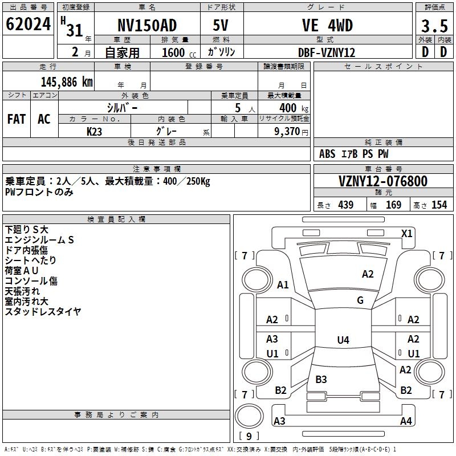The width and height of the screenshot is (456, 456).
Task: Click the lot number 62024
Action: pos(28,24)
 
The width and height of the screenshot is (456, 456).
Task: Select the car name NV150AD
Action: pos(147,25)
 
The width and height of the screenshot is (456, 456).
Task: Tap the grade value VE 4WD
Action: pos(327,25)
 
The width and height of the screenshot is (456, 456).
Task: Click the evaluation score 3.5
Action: pos(434,26)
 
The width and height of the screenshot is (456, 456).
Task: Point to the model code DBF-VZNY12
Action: pos(327,52)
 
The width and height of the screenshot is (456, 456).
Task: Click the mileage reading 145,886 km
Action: pos(67,82)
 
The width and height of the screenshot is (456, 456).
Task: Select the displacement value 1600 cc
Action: pos(179,52)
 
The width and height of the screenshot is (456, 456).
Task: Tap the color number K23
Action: pos(94,132)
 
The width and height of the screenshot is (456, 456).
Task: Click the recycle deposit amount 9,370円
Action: pos(291,132)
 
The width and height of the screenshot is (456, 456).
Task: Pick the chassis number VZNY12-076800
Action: pos(383,181)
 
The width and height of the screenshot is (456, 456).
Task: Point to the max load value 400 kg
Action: pos(294,108)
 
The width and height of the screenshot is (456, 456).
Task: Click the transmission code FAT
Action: pos(17,119)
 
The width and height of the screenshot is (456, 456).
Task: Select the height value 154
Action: pos(439,205)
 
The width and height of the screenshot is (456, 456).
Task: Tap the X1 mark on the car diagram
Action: pos(406,234)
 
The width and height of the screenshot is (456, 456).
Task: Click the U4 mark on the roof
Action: pos(343,340)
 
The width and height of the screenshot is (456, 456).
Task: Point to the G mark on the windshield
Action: pos(360,300)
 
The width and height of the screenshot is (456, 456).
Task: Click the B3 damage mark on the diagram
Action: pos(321,379)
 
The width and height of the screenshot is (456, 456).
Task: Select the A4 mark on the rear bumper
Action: pos(406,421)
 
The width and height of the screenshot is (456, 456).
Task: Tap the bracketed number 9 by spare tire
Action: pos(249,436)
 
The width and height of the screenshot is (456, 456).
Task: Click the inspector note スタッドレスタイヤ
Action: pos(43,311)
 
